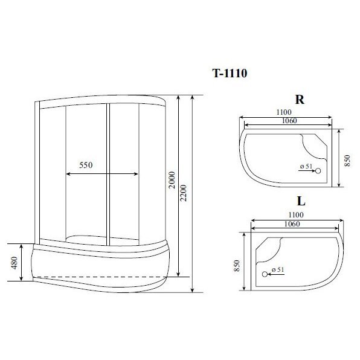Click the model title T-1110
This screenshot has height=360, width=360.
tap(230, 74)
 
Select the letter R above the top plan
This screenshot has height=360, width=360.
tap(300, 100)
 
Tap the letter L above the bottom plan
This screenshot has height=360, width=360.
tap(301, 201)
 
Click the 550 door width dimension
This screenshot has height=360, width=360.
tap(86, 165)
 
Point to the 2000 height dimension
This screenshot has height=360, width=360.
tap(172, 180)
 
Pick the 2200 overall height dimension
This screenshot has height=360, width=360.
tap(184, 193)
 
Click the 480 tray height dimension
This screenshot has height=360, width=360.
tap(14, 263)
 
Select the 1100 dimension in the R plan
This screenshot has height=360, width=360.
tap(284, 112)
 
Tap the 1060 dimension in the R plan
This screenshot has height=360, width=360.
tap(289, 121)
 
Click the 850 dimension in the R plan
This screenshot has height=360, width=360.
tap(347, 161)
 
